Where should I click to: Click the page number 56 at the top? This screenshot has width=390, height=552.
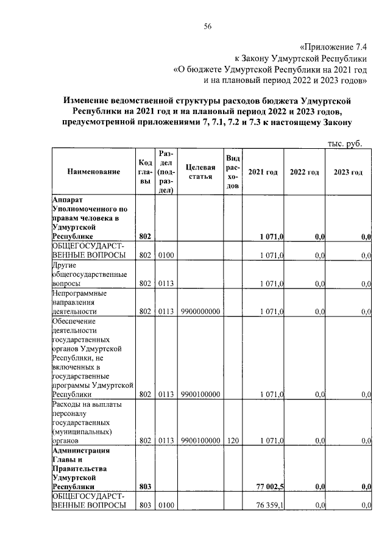tap(207, 26)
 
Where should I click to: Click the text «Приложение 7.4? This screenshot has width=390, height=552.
tap(335, 47)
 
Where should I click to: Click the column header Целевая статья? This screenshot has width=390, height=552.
tap(200, 172)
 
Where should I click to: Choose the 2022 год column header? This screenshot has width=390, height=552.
tap(304, 173)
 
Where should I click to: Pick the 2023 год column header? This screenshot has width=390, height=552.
tap(348, 173)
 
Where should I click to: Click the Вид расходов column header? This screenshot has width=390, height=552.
tap(232, 172)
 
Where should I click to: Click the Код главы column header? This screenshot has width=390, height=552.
tap(144, 172)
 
